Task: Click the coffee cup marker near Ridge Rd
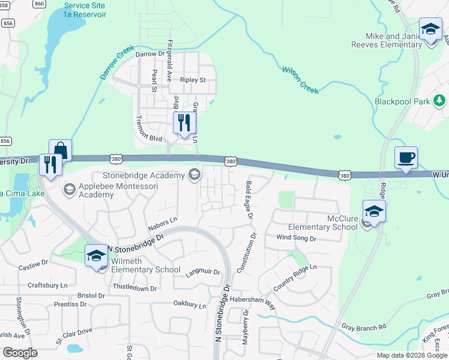406,158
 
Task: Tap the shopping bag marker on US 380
60,151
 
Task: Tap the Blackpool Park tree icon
440,101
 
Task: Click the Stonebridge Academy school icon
194,175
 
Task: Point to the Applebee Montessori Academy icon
69,190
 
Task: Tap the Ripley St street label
193,80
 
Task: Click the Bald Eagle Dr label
249,199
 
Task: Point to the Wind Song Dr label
296,238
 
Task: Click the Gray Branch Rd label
364,328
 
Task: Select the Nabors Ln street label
162,224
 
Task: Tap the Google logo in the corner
19,353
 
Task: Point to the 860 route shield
40,4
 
